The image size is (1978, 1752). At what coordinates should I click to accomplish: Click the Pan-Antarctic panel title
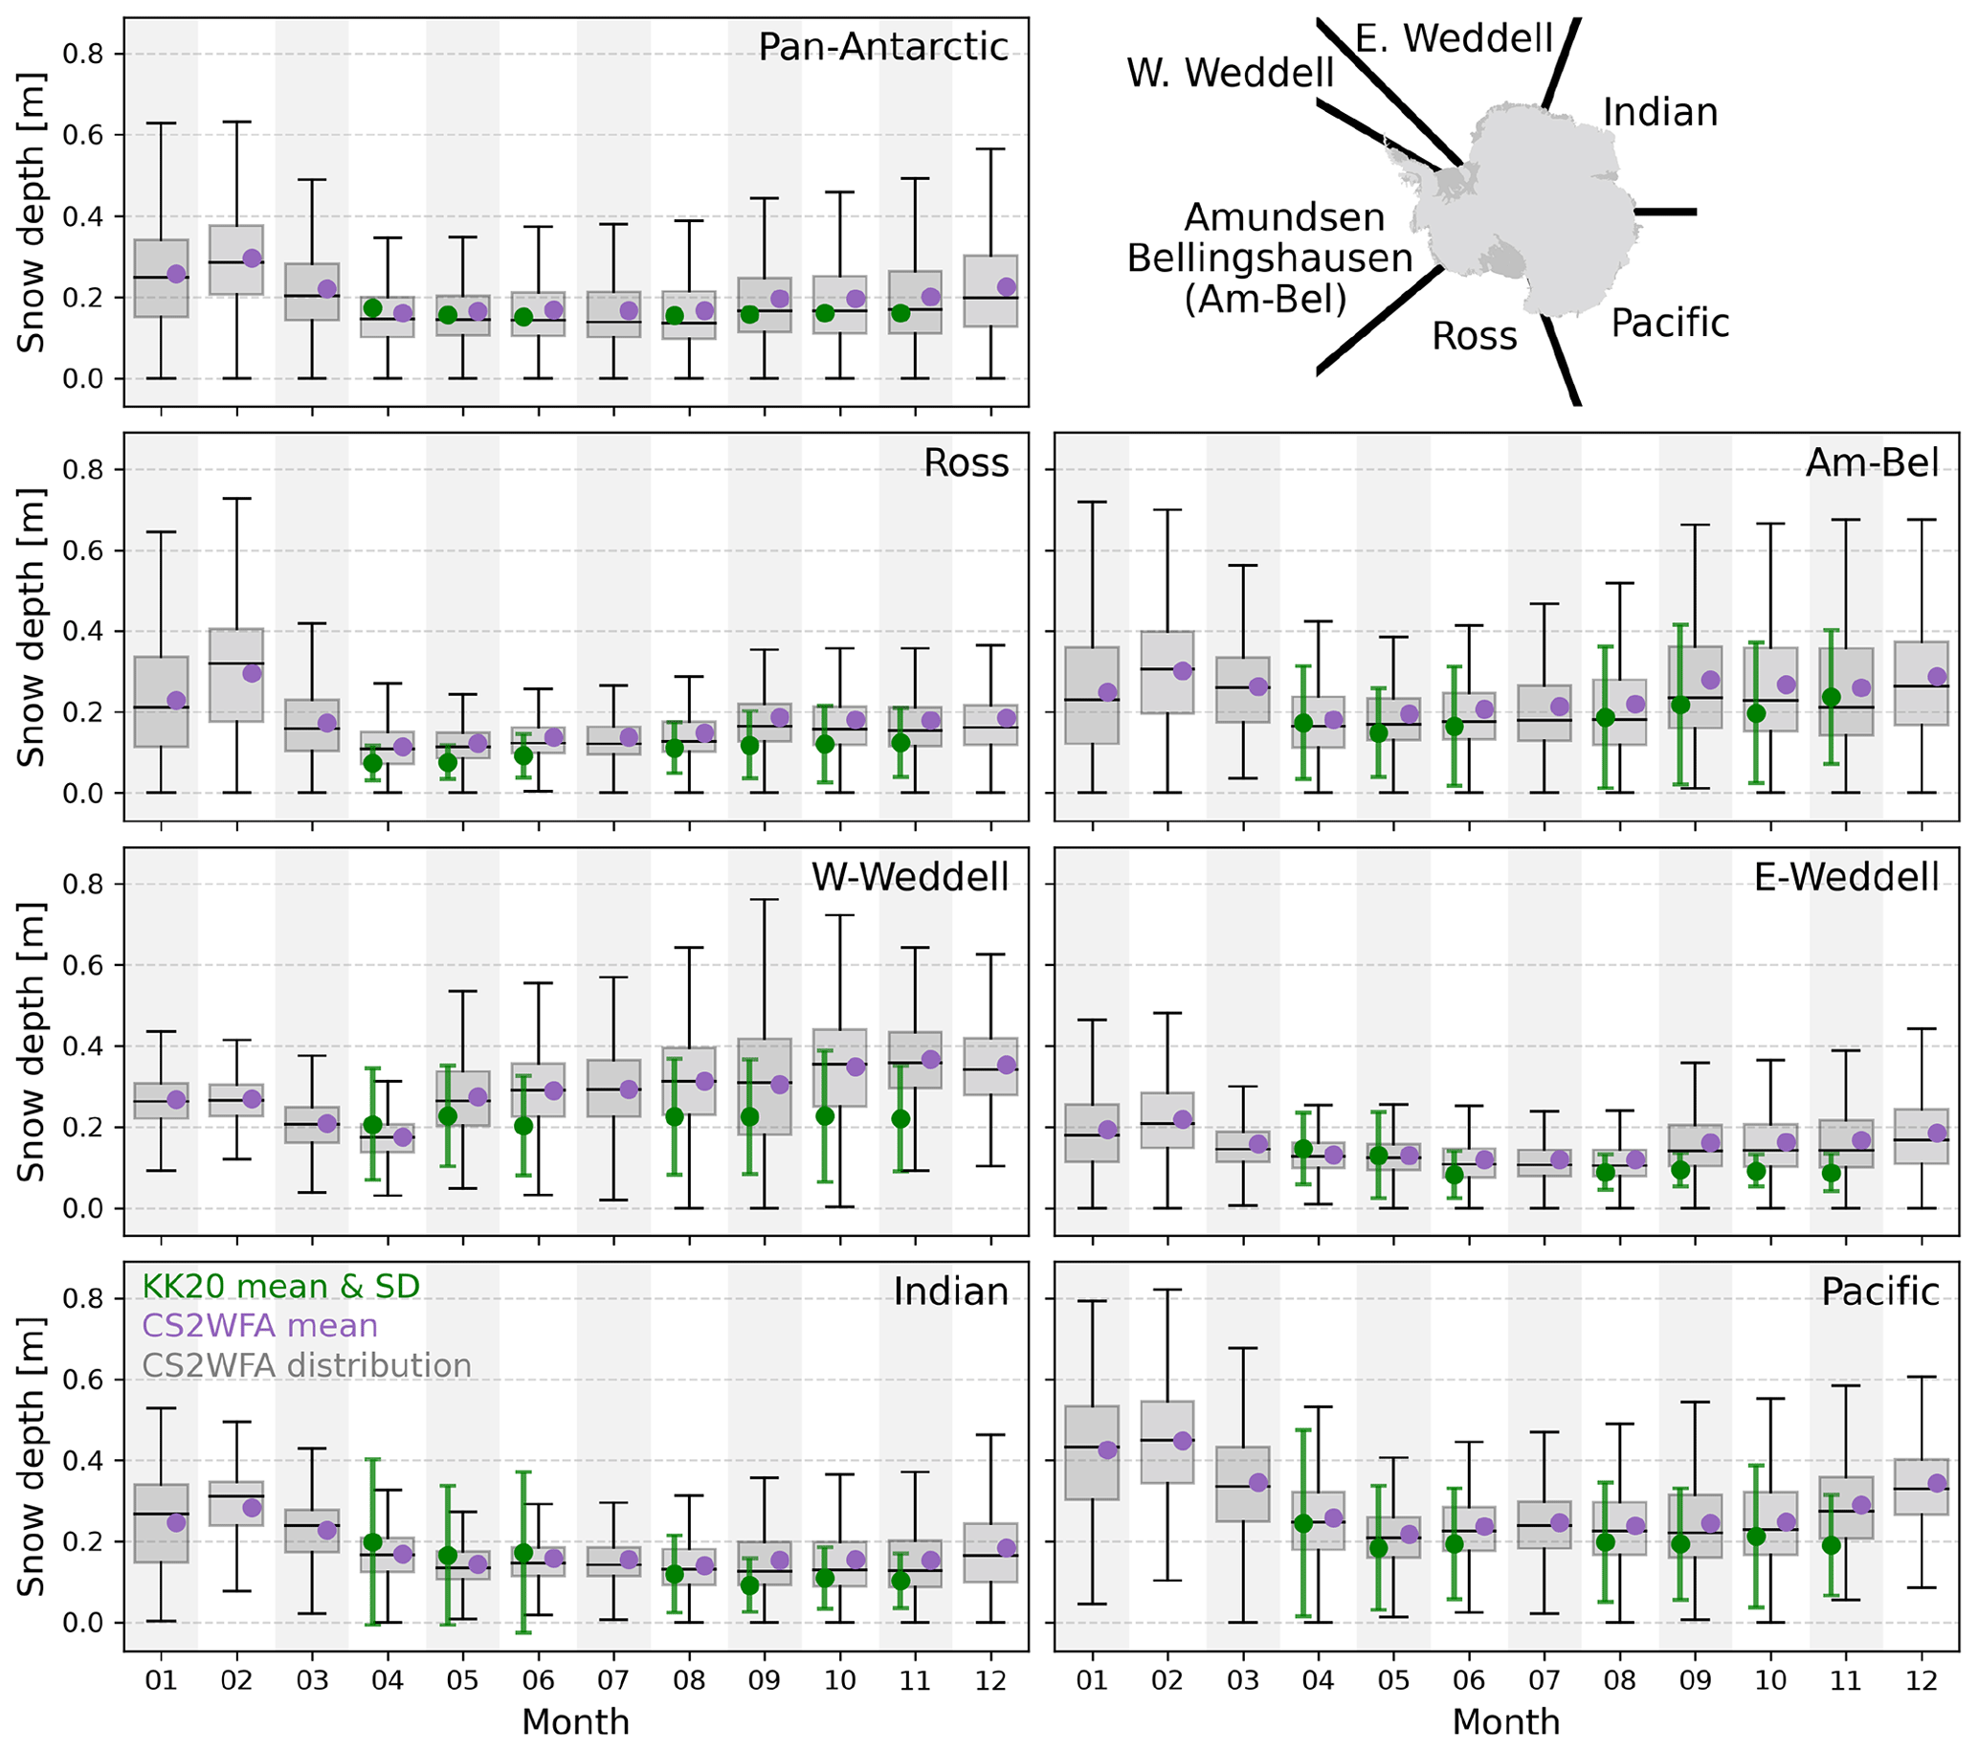[x=882, y=48]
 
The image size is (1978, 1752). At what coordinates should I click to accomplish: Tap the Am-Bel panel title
[x=1872, y=462]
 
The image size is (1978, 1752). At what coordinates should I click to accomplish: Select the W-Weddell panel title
[x=910, y=877]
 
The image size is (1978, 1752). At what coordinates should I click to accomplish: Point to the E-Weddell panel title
[x=1845, y=877]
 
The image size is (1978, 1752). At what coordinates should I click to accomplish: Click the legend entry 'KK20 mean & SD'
[x=280, y=1287]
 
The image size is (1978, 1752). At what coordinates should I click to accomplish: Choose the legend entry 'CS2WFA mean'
[x=259, y=1326]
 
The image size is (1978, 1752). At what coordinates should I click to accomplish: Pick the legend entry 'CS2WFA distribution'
[x=307, y=1366]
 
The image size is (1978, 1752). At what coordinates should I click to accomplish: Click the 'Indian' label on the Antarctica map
[x=1659, y=113]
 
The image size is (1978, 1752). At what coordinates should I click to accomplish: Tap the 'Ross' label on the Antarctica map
[x=1474, y=337]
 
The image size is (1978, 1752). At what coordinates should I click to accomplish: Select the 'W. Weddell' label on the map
[x=1230, y=74]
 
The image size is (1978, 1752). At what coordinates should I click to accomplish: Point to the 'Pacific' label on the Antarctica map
[x=1669, y=324]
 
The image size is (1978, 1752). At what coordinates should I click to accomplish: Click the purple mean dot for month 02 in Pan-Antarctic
[x=252, y=258]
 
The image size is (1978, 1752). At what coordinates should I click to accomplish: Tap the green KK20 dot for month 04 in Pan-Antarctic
[x=372, y=308]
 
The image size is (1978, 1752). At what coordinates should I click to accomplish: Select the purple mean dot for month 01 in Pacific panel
[x=1107, y=1450]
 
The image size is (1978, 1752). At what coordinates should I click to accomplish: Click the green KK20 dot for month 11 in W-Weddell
[x=900, y=1119]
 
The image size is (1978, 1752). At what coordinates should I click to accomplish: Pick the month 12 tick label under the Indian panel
[x=991, y=1680]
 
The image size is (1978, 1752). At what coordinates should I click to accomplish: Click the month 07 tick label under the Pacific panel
[x=1545, y=1680]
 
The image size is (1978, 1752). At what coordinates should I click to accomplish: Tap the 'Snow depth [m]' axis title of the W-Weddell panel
[x=32, y=1042]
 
